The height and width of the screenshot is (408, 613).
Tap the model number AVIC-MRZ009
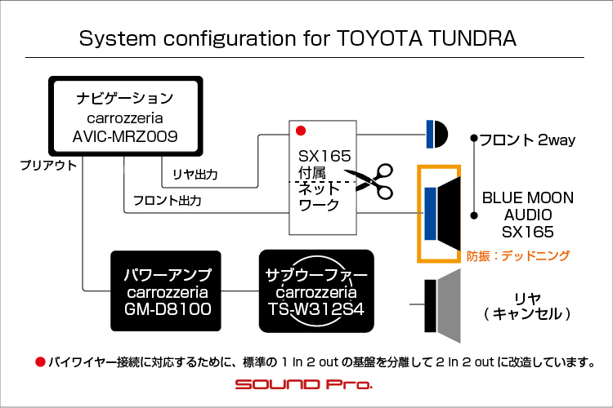click(x=125, y=136)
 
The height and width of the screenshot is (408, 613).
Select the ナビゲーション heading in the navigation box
click(x=125, y=98)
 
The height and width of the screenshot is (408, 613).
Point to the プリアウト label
click(x=48, y=165)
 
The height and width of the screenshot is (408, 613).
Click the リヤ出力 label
click(x=195, y=174)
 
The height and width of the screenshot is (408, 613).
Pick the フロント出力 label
click(x=168, y=201)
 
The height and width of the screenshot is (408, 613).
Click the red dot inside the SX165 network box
click(x=301, y=131)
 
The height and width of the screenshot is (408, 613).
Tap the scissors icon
click(x=369, y=181)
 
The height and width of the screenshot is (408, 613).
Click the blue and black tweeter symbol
click(x=436, y=134)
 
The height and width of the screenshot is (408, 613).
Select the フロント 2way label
click(x=527, y=140)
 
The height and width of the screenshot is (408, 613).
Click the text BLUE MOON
click(x=528, y=197)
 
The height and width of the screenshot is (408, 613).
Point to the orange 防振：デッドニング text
click(x=518, y=255)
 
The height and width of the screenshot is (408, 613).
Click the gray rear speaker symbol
click(x=442, y=306)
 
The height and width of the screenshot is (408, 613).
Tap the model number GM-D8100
click(x=168, y=308)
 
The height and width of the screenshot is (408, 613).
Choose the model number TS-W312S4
click(x=316, y=308)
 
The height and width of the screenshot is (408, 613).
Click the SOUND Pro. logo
click(x=304, y=384)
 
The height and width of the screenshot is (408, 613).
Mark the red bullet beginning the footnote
click(x=40, y=362)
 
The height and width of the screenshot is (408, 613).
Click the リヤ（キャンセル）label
click(x=528, y=307)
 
